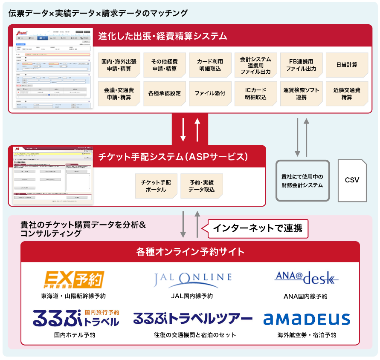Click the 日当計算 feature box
pyautogui.click(x=347, y=65)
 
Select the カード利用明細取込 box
pyautogui.click(x=210, y=65)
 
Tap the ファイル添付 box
pyautogui.click(x=210, y=93)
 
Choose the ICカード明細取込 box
pyautogui.click(x=255, y=93)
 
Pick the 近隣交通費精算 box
pyautogui.click(x=347, y=93)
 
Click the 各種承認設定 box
pyautogui.click(x=164, y=93)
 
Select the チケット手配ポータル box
pyautogui.click(x=156, y=186)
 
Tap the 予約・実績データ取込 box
pyautogui.click(x=201, y=186)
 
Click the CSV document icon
pyautogui.click(x=352, y=180)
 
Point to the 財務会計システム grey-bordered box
pyautogui.click(x=302, y=181)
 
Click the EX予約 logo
pyautogui.click(x=75, y=279)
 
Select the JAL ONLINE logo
pyautogui.click(x=192, y=279)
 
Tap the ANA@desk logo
pyautogui.click(x=306, y=278)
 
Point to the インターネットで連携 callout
pyautogui.click(x=258, y=228)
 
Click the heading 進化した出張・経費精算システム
pyautogui.click(x=162, y=36)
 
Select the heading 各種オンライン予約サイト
pyautogui.click(x=190, y=252)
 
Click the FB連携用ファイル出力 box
pyautogui.click(x=301, y=65)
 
